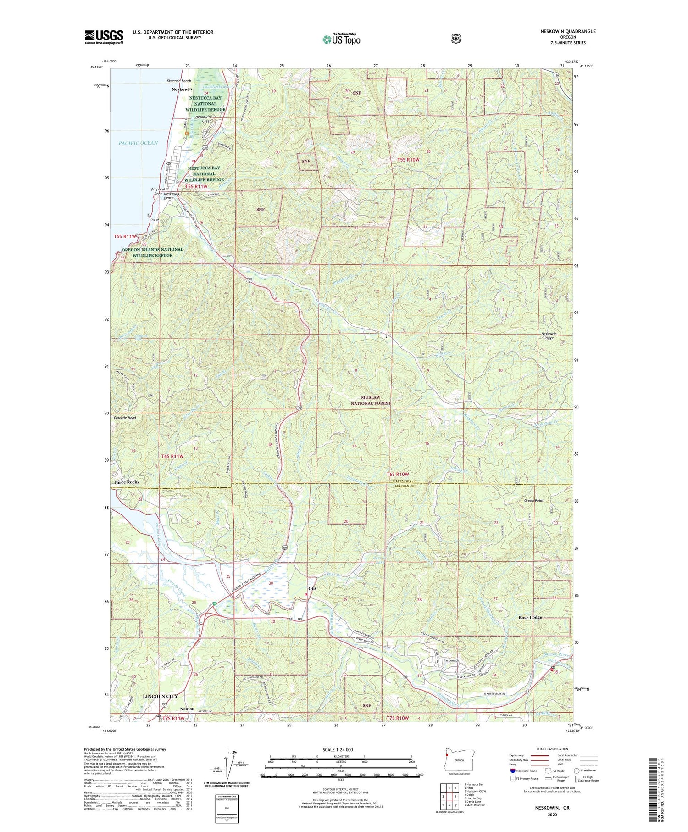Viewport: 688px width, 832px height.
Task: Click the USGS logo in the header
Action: click(104, 37)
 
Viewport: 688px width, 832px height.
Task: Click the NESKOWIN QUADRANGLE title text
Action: click(568, 31)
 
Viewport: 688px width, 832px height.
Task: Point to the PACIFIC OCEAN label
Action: click(138, 143)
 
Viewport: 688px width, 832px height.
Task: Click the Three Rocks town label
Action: click(126, 482)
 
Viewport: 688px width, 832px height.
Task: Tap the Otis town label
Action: click(312, 588)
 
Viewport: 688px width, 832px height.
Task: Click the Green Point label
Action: click(534, 500)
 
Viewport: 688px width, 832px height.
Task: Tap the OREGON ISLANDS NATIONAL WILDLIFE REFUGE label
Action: click(153, 252)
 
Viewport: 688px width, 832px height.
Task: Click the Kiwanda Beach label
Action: click(178, 81)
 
